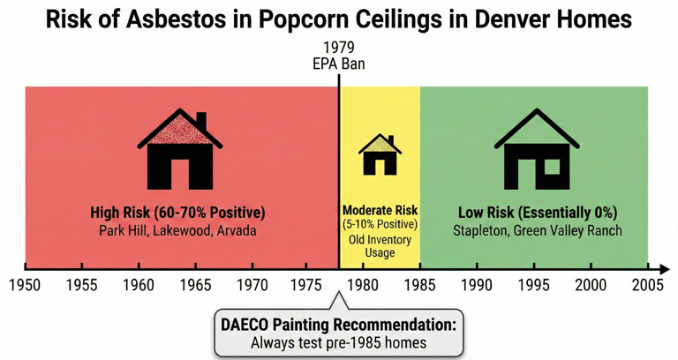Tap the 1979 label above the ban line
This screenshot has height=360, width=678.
[x=339, y=48]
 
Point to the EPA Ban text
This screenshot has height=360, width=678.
[x=339, y=64]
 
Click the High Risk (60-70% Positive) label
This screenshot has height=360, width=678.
[x=177, y=213]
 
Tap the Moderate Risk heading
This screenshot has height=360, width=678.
[x=380, y=211]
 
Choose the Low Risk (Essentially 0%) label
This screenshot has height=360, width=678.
[x=537, y=213]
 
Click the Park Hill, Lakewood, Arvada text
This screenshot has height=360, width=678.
[x=177, y=230]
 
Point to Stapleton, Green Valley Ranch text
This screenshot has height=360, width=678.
[x=537, y=230]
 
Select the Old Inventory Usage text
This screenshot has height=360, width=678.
[x=380, y=245]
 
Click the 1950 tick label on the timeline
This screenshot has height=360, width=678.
[x=26, y=285]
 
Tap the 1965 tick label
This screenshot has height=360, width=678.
[x=195, y=285]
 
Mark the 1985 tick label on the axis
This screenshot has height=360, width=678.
[x=421, y=285]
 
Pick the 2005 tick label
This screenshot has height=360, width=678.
[x=647, y=285]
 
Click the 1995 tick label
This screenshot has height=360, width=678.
[x=534, y=285]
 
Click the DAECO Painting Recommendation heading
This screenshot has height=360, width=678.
[x=339, y=325]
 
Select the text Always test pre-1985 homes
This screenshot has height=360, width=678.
[x=339, y=342]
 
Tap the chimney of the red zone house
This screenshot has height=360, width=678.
[x=201, y=121]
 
